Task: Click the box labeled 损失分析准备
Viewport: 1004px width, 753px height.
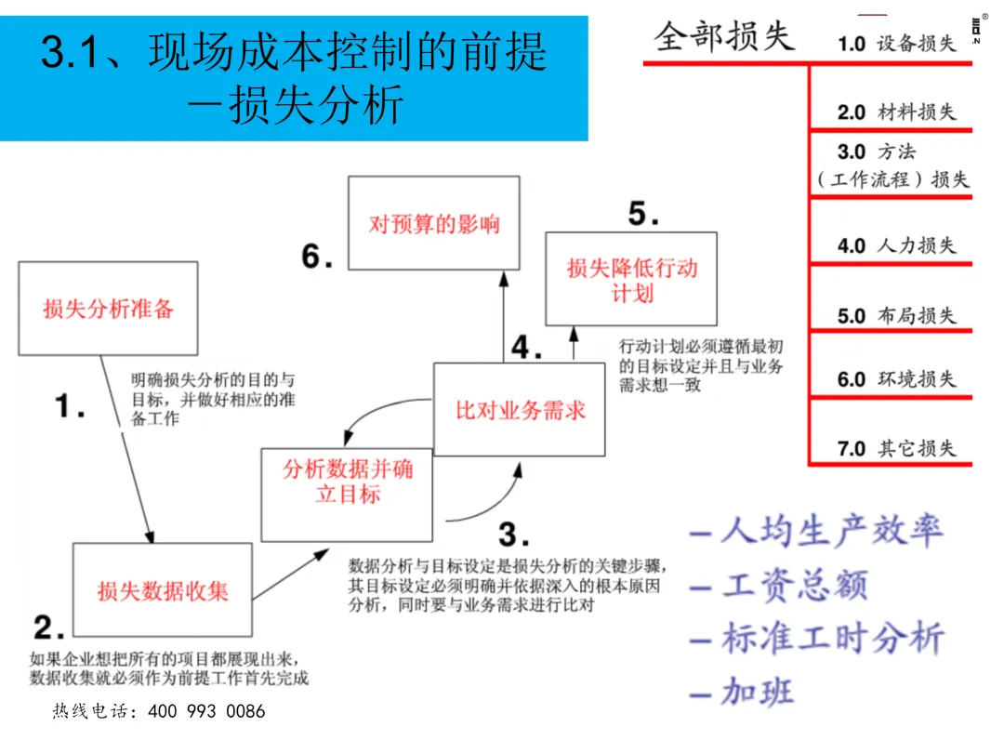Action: point(108,308)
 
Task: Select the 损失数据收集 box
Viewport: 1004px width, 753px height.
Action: point(162,589)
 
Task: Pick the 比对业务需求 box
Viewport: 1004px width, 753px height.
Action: point(520,410)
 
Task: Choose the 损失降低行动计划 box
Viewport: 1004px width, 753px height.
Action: point(632,280)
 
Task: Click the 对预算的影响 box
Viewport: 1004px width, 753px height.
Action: point(434,224)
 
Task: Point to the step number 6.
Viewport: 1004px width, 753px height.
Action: point(317,257)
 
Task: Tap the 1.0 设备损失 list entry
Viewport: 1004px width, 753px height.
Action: point(896,44)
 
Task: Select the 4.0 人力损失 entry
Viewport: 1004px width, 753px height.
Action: point(896,245)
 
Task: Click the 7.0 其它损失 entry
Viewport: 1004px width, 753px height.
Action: point(896,448)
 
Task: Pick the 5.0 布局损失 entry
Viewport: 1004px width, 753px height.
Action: point(896,315)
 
